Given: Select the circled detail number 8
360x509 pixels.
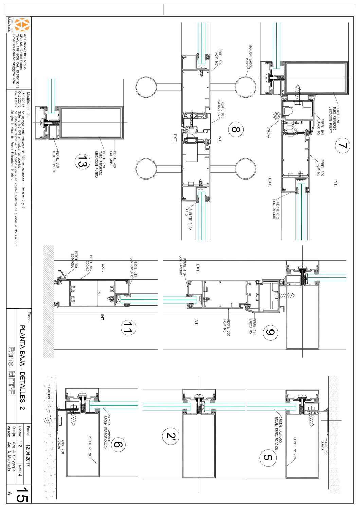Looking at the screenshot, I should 235,130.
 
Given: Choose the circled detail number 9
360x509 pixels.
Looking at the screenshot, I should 270,333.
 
